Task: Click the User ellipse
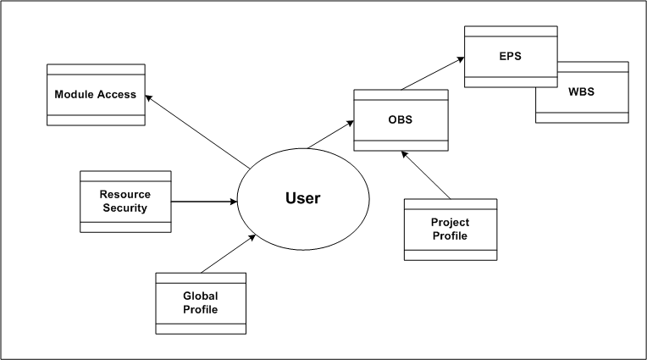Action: pyautogui.click(x=302, y=199)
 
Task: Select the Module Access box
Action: pyautogui.click(x=95, y=94)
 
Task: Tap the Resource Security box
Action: pyautogui.click(x=125, y=202)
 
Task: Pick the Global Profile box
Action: pyautogui.click(x=201, y=302)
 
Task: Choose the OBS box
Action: pyautogui.click(x=400, y=119)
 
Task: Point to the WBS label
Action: pyautogui.click(x=582, y=91)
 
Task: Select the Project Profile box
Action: pyautogui.click(x=451, y=229)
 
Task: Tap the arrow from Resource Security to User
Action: pyautogui.click(x=204, y=202)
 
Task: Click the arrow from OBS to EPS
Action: pyautogui.click(x=431, y=73)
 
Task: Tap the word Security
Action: pyautogui.click(x=124, y=208)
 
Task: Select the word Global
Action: pyautogui.click(x=201, y=296)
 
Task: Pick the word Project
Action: pyautogui.click(x=451, y=223)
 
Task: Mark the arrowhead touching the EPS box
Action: pyautogui.click(x=460, y=59)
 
